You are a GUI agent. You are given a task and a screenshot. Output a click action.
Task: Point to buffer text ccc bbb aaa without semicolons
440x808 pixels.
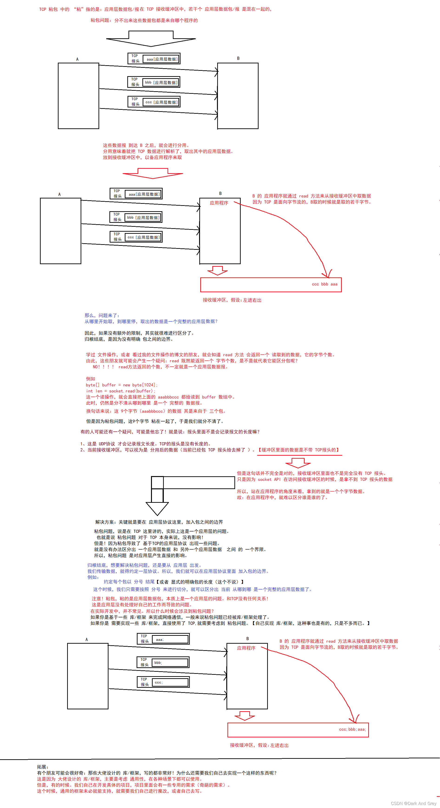point(325,284)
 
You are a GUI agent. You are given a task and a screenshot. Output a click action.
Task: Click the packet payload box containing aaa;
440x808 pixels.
point(170,639)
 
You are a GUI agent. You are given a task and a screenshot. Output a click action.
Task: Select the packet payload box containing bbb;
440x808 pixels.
point(170,663)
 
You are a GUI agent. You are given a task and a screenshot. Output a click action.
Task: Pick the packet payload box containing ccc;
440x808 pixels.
point(170,682)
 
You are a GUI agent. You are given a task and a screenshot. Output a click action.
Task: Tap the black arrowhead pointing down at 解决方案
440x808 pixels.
point(157,508)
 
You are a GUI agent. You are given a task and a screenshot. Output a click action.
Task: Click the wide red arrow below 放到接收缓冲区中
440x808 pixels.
point(153,173)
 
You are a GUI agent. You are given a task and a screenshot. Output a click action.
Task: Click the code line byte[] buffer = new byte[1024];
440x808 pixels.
point(121,385)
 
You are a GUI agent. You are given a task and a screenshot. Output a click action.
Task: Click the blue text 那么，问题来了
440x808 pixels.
point(102,315)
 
